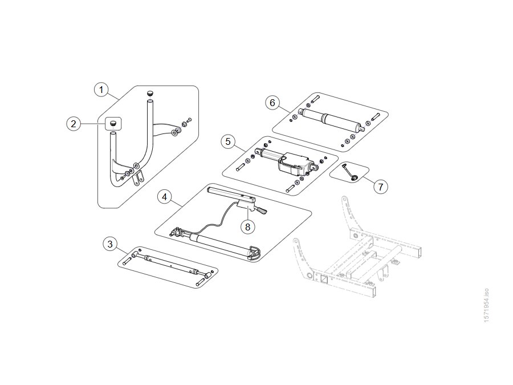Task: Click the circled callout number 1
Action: point(101,90)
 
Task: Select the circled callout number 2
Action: point(74,124)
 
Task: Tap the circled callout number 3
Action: point(110,244)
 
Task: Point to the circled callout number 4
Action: point(164,197)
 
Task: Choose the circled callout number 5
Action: point(228,141)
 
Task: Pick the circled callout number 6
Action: point(272,103)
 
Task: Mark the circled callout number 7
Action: point(381,187)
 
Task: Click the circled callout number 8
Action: point(248,226)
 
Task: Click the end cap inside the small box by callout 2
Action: point(113,123)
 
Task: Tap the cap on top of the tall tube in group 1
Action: point(150,94)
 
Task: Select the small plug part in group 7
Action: point(353,177)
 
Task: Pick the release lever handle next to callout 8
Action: point(262,210)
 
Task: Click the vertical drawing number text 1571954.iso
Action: point(486,305)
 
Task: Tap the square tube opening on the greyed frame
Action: point(324,279)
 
